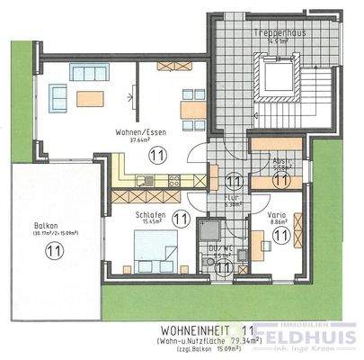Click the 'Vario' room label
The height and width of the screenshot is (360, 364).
(276, 216)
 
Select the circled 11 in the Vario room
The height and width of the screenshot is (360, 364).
(280, 235)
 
